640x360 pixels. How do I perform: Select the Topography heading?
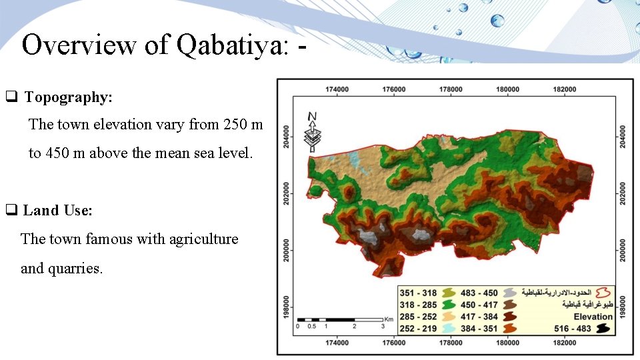[x=69, y=97]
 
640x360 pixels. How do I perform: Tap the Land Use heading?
[x=58, y=211]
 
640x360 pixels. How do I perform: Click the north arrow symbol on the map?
[x=311, y=131]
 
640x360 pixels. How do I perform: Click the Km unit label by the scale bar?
[x=388, y=319]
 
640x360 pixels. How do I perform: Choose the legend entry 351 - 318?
[x=418, y=293]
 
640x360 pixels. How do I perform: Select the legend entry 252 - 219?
[x=418, y=329]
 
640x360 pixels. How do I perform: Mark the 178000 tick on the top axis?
[x=451, y=89]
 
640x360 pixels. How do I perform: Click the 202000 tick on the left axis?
[x=286, y=193]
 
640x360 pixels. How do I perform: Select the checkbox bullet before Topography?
[x=11, y=97]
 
